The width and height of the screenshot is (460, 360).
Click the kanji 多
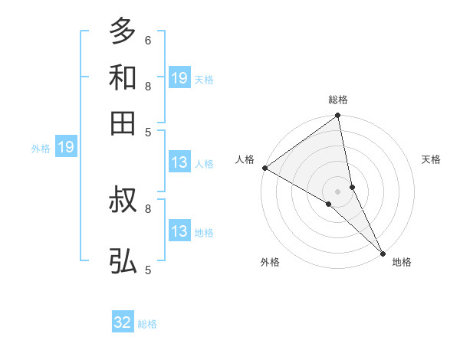click(x=123, y=32)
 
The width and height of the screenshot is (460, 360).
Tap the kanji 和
click(x=123, y=77)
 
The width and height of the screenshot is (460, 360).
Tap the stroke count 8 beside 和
click(x=148, y=85)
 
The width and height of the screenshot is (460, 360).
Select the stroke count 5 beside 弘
click(x=148, y=270)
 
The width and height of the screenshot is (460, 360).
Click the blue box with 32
click(x=123, y=322)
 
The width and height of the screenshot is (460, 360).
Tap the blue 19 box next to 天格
click(x=179, y=77)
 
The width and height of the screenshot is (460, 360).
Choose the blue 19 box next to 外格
click(x=66, y=147)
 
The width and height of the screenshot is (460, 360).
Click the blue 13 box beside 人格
click(x=179, y=162)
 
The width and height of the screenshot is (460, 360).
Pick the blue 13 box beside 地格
click(x=179, y=231)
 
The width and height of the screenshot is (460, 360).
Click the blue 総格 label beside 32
click(x=147, y=324)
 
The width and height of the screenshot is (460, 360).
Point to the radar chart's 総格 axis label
click(x=338, y=100)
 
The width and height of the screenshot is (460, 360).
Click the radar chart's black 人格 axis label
click(x=245, y=159)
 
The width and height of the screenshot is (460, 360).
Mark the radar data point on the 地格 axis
click(x=383, y=252)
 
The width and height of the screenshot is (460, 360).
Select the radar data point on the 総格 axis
click(x=338, y=116)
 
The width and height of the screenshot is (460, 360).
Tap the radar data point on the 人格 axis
click(x=264, y=168)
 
